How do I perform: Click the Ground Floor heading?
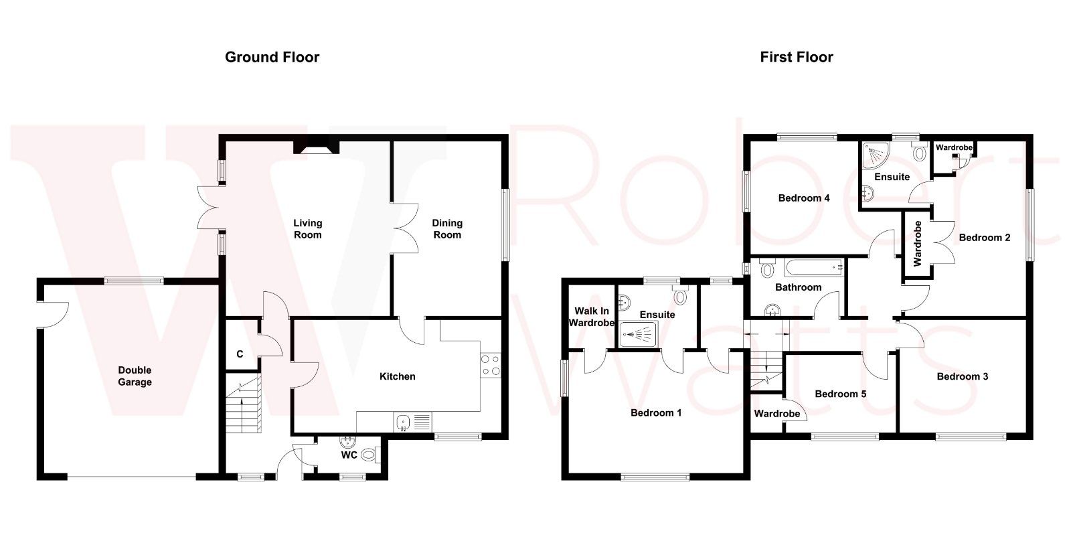(x=272, y=58)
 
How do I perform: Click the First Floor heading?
(x=796, y=58)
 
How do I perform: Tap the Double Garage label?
(x=135, y=376)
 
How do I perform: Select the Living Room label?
(x=307, y=229)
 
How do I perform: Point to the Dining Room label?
(x=446, y=229)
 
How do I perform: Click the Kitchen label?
(x=397, y=377)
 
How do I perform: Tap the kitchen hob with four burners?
(x=490, y=365)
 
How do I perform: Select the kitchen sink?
(x=403, y=422)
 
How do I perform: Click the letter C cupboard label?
(x=239, y=354)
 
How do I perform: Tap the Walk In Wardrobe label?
(x=592, y=317)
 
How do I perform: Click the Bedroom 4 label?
(x=803, y=198)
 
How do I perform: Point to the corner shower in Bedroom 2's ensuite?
(x=874, y=155)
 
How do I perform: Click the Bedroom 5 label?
(x=840, y=394)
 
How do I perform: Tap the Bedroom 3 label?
(x=962, y=377)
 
